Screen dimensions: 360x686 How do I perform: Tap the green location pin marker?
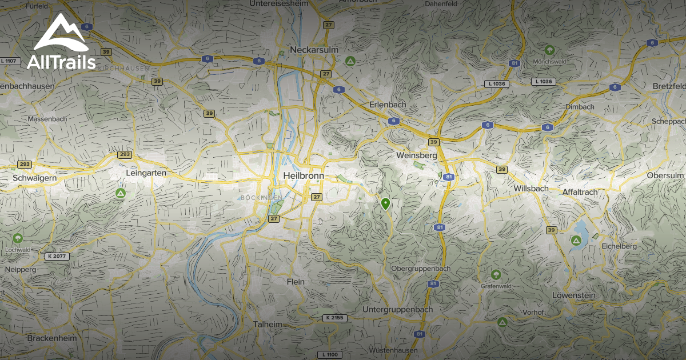(385, 203)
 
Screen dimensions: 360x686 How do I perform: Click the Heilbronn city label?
(303, 176)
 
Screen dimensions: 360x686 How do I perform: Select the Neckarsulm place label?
(314, 50)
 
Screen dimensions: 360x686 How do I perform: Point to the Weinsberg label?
(416, 155)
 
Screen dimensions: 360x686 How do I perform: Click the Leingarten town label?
(146, 173)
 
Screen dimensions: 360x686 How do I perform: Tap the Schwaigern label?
(34, 178)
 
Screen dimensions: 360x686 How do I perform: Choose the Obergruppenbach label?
(421, 269)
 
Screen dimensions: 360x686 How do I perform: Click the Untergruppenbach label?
(398, 309)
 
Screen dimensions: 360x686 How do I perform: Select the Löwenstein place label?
(574, 295)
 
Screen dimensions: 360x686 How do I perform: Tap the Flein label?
(296, 282)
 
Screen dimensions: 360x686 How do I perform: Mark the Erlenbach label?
(387, 105)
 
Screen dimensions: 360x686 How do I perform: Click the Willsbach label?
(531, 188)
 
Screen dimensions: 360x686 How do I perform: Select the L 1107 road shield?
(10, 61)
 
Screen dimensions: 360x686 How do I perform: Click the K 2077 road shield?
(57, 256)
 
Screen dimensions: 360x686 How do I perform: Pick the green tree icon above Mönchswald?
(549, 50)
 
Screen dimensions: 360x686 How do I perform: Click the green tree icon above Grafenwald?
(495, 274)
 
